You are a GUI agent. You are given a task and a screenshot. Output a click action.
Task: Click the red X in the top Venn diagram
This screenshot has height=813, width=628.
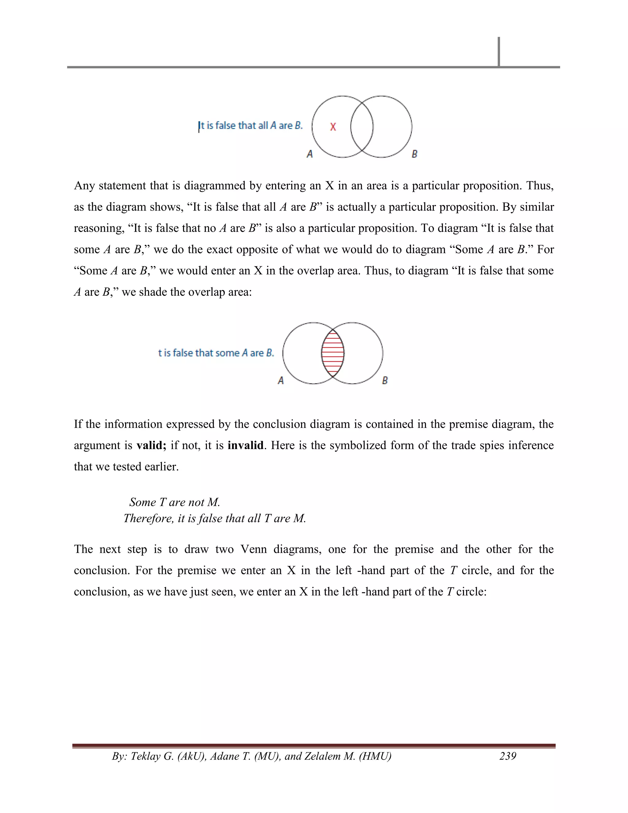(x=333, y=127)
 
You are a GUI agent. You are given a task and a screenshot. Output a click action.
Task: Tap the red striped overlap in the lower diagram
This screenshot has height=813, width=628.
(x=333, y=353)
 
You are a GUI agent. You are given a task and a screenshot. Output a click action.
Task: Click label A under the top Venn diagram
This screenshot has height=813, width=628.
(x=309, y=154)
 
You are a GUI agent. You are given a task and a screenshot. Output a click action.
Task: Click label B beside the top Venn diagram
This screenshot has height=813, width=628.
(x=415, y=154)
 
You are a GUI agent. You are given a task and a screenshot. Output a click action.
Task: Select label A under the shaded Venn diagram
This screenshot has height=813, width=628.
(x=281, y=380)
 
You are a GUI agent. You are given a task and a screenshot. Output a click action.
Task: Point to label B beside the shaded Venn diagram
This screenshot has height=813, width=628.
(x=385, y=380)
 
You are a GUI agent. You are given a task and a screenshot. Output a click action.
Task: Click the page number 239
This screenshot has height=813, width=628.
(x=507, y=756)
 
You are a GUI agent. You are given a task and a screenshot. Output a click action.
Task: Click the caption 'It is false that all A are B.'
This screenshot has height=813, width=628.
(x=251, y=126)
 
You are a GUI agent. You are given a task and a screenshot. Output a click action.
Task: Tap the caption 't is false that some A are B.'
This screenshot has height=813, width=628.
(x=216, y=353)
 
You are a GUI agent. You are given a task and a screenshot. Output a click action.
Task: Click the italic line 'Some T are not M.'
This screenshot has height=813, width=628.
(x=174, y=503)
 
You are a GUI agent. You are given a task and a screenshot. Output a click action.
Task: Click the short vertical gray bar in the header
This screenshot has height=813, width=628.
(x=499, y=51)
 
